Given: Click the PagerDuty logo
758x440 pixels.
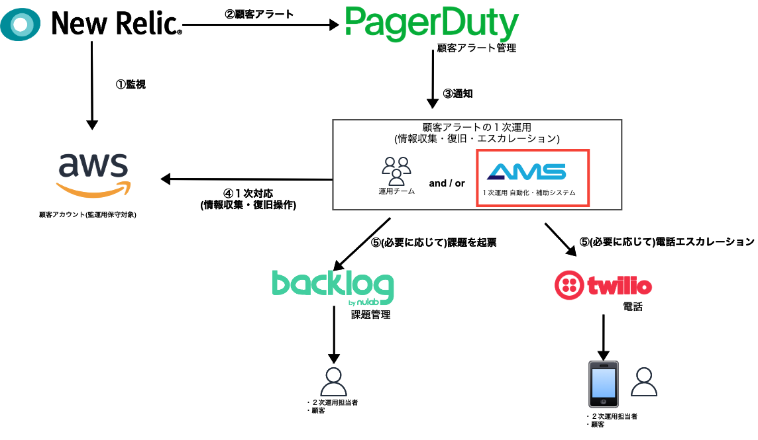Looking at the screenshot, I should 431,24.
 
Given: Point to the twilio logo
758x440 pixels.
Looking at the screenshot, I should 603,285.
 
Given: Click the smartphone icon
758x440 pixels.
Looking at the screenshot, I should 603,384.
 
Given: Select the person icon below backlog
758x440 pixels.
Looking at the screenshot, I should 333,381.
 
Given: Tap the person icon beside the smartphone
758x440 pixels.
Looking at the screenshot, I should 644,381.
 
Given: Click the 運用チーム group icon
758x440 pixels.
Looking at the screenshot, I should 396,171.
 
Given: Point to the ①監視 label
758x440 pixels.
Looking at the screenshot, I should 131,84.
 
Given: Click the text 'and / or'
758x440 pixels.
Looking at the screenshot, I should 447,183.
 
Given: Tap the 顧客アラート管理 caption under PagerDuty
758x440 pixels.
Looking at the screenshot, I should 476,48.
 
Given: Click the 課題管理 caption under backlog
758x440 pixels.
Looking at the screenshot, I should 370,315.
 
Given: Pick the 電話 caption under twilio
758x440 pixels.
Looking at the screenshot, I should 633,307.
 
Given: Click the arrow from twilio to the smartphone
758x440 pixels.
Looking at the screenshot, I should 603,336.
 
